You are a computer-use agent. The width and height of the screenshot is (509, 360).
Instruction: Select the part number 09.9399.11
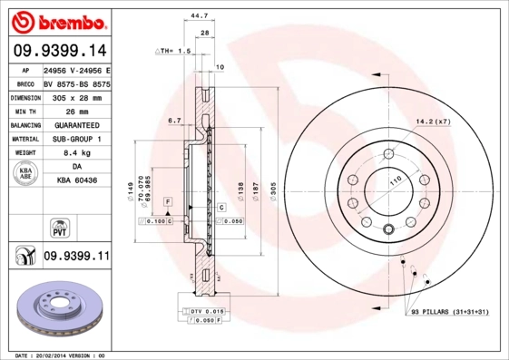click(76, 258)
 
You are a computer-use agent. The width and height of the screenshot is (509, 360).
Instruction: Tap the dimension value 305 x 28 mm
click(76, 96)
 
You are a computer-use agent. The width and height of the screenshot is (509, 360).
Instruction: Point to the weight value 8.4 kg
click(76, 153)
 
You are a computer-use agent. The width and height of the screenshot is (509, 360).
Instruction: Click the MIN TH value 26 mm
click(76, 110)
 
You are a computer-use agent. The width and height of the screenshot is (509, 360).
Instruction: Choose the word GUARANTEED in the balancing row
click(76, 124)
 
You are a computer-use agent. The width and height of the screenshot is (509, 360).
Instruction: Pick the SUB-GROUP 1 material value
click(76, 139)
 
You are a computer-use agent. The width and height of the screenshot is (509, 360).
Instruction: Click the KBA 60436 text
click(76, 182)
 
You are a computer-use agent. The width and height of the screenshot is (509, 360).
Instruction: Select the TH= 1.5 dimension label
click(174, 52)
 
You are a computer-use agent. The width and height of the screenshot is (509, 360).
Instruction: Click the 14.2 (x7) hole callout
click(433, 121)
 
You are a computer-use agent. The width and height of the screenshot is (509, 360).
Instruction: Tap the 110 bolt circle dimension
click(395, 182)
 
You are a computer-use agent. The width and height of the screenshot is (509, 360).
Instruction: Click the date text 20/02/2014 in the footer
click(58, 355)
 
